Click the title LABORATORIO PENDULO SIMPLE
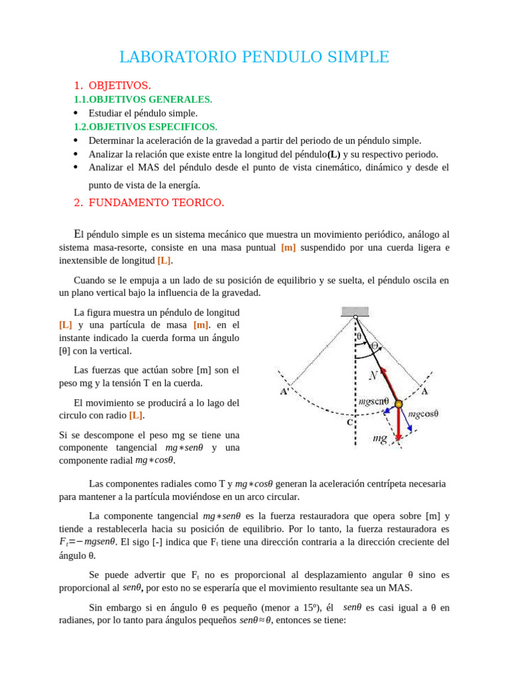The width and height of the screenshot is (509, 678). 254,58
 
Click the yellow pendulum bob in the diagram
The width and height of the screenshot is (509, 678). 398,404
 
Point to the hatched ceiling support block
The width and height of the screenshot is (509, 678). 356,311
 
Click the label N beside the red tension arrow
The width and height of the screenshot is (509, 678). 374,375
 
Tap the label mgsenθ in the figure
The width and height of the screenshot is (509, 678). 373,401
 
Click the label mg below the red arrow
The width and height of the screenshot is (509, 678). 380,438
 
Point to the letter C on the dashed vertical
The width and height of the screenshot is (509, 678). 349,422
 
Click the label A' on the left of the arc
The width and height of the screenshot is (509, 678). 284,391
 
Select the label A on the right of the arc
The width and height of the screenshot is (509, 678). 425,391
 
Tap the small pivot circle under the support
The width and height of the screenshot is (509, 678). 356,318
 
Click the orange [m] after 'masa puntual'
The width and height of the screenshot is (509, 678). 288,248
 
